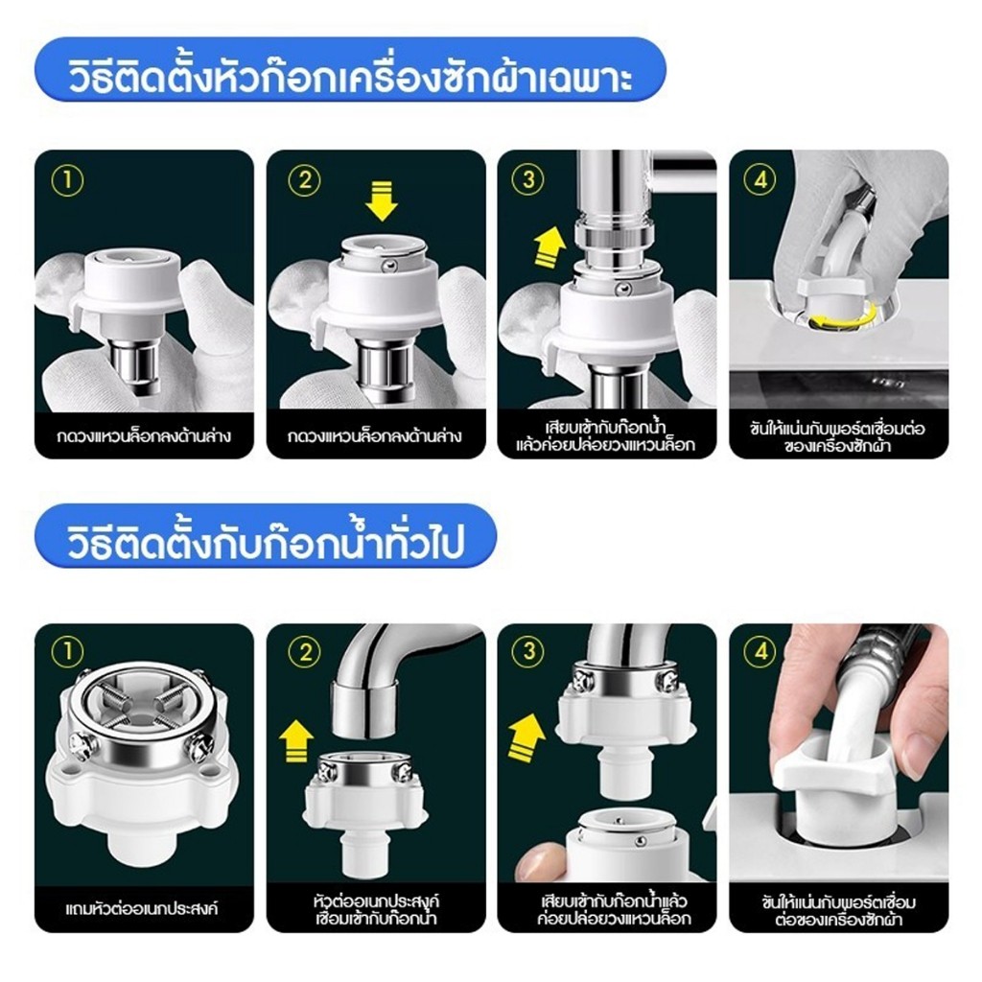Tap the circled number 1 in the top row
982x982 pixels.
67,181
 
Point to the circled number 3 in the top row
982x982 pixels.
528,179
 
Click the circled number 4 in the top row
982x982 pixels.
760,179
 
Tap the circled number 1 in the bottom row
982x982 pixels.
67,652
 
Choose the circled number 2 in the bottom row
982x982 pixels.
304,652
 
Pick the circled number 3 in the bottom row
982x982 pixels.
528,651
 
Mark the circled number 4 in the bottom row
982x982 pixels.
760,652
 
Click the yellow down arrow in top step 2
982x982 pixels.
382,201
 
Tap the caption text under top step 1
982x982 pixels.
144,436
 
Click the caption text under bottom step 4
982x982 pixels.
838,910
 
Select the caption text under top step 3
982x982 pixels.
606,436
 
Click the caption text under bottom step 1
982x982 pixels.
142,908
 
